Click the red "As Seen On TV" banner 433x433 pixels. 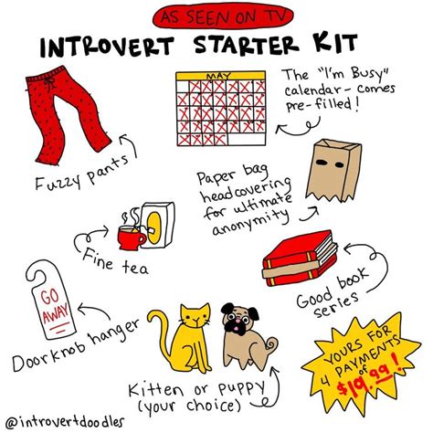click(x=216, y=16)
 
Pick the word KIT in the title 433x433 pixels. click(x=329, y=46)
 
